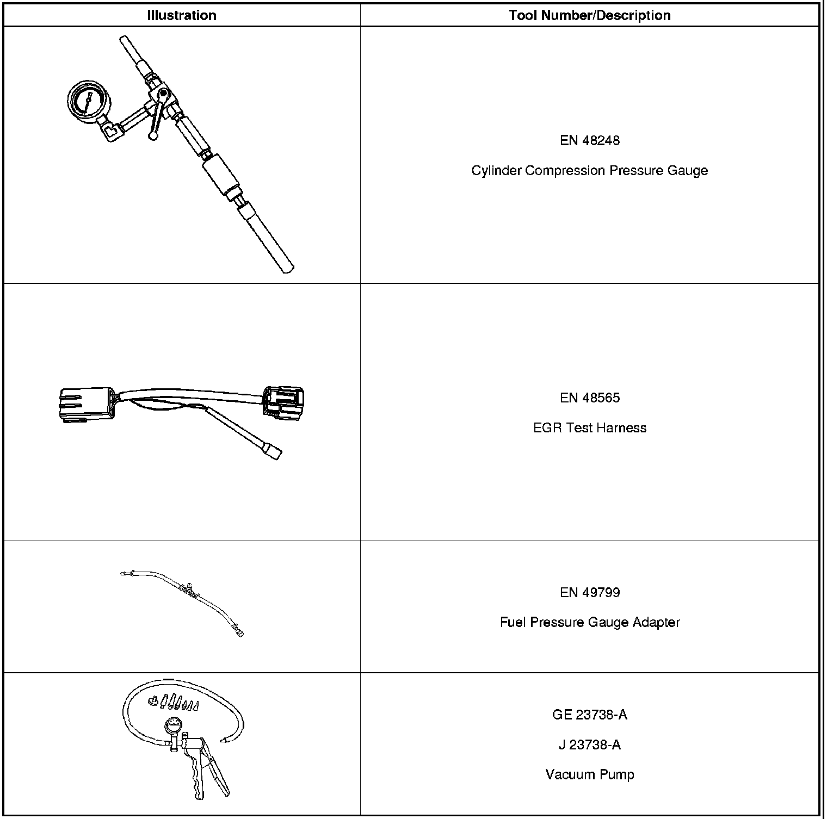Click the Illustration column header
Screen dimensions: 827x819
tap(182, 15)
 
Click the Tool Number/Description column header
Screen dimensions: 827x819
tap(590, 15)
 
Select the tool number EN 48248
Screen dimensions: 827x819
tap(590, 140)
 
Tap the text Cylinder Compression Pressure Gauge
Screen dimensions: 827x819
tap(590, 171)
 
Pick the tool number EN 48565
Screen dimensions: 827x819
tap(590, 398)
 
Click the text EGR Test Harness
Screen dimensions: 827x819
tap(590, 428)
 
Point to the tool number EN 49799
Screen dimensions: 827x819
tap(590, 592)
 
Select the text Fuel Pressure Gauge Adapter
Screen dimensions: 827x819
tap(590, 622)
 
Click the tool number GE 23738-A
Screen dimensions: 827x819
tap(590, 715)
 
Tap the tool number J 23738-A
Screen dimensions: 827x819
tap(590, 744)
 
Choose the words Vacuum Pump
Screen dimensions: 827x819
tap(590, 774)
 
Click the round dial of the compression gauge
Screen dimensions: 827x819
tap(88, 102)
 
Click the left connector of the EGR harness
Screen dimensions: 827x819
tap(85, 405)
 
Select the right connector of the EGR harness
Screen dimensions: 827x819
tap(283, 402)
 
